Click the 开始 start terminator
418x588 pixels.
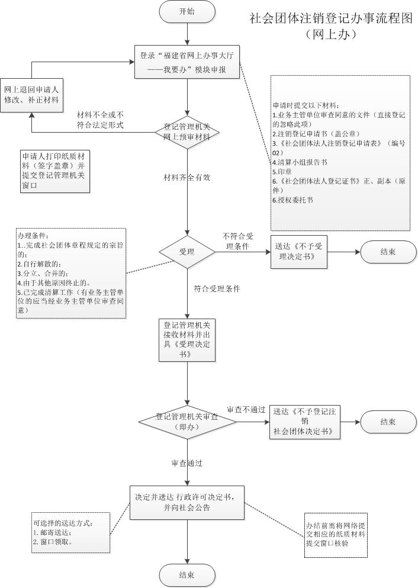click(187, 12)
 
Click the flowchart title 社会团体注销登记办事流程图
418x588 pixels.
click(330, 19)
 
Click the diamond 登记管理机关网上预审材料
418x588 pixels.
click(187, 131)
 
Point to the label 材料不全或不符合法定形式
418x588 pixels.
click(100, 119)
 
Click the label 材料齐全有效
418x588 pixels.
click(188, 177)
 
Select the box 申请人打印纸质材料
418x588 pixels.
click(54, 169)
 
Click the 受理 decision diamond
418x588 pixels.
click(187, 252)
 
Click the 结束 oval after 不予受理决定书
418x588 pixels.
click(388, 252)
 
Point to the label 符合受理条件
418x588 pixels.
click(217, 289)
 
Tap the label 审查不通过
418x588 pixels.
click(246, 410)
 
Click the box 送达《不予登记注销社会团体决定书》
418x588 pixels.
click(305, 422)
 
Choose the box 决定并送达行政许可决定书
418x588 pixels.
click(187, 502)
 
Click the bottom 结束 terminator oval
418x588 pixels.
click(187, 574)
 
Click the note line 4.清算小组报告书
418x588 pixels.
click(300, 162)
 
